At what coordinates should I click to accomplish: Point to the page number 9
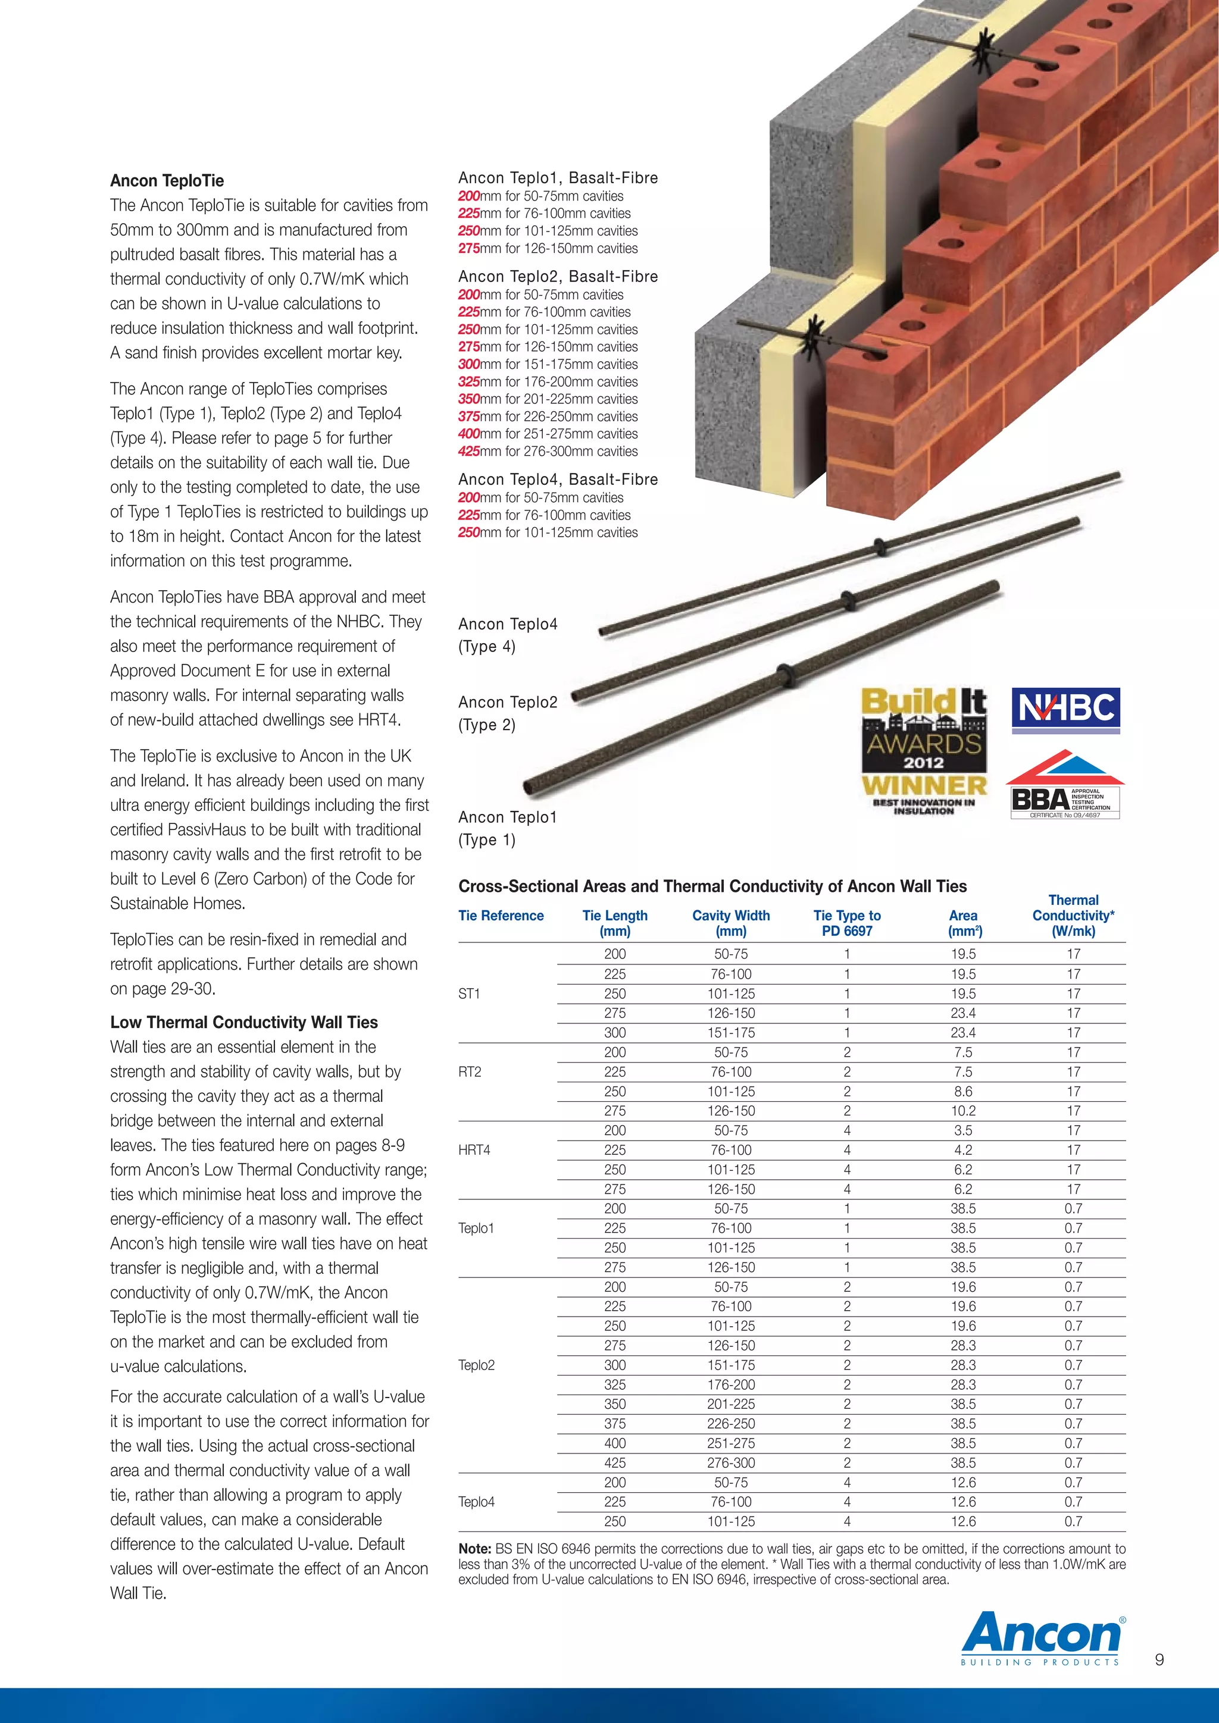pos(1159,1659)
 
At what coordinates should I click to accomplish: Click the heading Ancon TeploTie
pos(167,181)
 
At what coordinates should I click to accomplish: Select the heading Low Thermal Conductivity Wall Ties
pos(244,1022)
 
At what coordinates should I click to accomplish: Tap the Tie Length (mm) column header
pos(615,923)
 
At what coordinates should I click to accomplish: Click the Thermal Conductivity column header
pos(1073,916)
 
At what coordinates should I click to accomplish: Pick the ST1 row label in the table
pos(469,994)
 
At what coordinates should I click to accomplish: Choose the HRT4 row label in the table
pos(474,1149)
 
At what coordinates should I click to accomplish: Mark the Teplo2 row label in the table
pos(477,1365)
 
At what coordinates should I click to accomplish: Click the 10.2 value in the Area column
pos(962,1111)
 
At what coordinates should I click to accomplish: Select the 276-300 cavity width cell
pos(730,1462)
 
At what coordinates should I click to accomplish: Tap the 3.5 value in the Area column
pos(962,1130)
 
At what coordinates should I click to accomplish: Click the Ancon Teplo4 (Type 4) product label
pos(508,635)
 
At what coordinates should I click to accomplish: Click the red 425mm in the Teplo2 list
pos(469,451)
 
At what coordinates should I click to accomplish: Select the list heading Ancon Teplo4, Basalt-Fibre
pos(558,480)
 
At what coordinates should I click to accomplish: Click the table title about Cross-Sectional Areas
pos(712,886)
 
